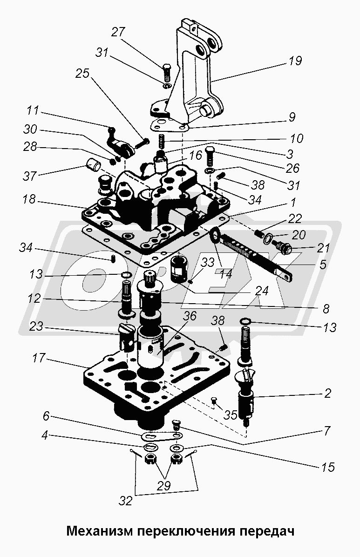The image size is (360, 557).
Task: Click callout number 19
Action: [x=295, y=61]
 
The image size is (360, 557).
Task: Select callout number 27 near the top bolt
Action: [x=118, y=32]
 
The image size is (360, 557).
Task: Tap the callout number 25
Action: [x=82, y=74]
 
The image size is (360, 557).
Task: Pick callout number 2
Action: [x=327, y=393]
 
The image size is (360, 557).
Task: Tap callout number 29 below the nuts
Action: [x=164, y=486]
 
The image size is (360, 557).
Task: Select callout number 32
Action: [x=125, y=501]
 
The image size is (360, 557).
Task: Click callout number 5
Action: [x=323, y=265]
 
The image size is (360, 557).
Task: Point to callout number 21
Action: [x=323, y=248]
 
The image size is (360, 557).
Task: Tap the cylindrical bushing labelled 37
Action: [x=93, y=165]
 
